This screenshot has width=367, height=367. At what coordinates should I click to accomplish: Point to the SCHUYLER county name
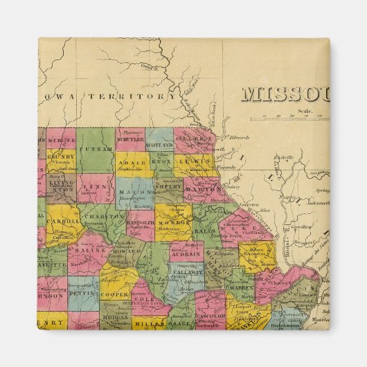[x=129, y=138]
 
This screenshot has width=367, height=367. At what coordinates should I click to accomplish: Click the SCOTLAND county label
[x=159, y=145]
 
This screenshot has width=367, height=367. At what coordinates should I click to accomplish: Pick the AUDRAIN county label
[x=184, y=253]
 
